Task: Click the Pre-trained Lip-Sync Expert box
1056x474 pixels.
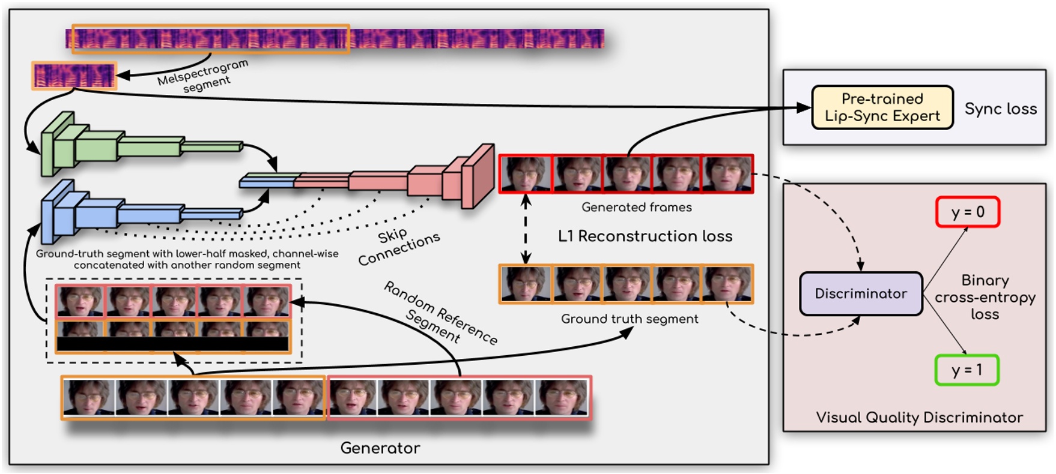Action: point(882,107)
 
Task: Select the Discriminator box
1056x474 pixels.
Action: point(860,293)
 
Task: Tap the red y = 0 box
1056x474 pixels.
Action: point(967,212)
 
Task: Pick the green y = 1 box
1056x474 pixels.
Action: point(966,370)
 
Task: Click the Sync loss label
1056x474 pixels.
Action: point(1000,109)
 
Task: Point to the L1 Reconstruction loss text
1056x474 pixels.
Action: point(645,236)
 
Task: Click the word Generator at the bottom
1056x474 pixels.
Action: point(380,448)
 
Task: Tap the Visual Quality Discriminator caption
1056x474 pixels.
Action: point(918,418)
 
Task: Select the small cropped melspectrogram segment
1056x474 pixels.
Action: point(74,76)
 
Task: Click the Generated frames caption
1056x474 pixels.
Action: point(636,207)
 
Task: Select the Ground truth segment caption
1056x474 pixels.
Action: point(629,319)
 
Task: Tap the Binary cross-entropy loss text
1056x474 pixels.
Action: point(985,297)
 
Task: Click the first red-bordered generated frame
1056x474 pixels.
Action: point(525,174)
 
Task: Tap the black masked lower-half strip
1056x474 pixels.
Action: point(173,344)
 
